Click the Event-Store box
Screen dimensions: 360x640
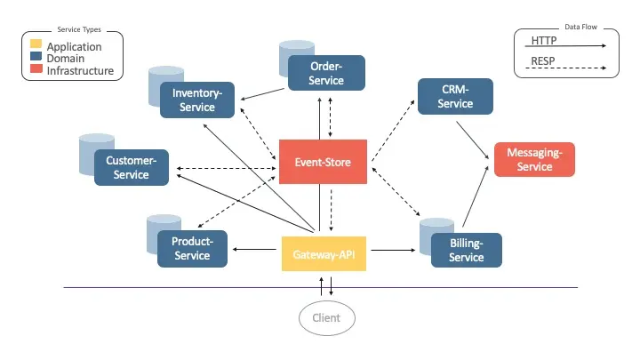pyautogui.click(x=323, y=162)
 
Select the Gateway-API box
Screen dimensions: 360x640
pyautogui.click(x=324, y=253)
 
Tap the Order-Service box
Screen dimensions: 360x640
pyautogui.click(x=326, y=73)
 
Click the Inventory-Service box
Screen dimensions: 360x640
pyautogui.click(x=197, y=100)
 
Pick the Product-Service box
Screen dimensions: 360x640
pyautogui.click(x=192, y=249)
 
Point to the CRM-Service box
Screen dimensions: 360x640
pyautogui.click(x=456, y=97)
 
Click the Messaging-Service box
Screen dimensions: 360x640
pyautogui.click(x=534, y=160)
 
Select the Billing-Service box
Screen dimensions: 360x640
pyautogui.click(x=466, y=250)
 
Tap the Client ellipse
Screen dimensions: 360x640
pyautogui.click(x=326, y=317)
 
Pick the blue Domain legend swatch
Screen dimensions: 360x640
pyautogui.click(x=36, y=58)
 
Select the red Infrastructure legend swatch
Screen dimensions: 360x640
pyautogui.click(x=36, y=69)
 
